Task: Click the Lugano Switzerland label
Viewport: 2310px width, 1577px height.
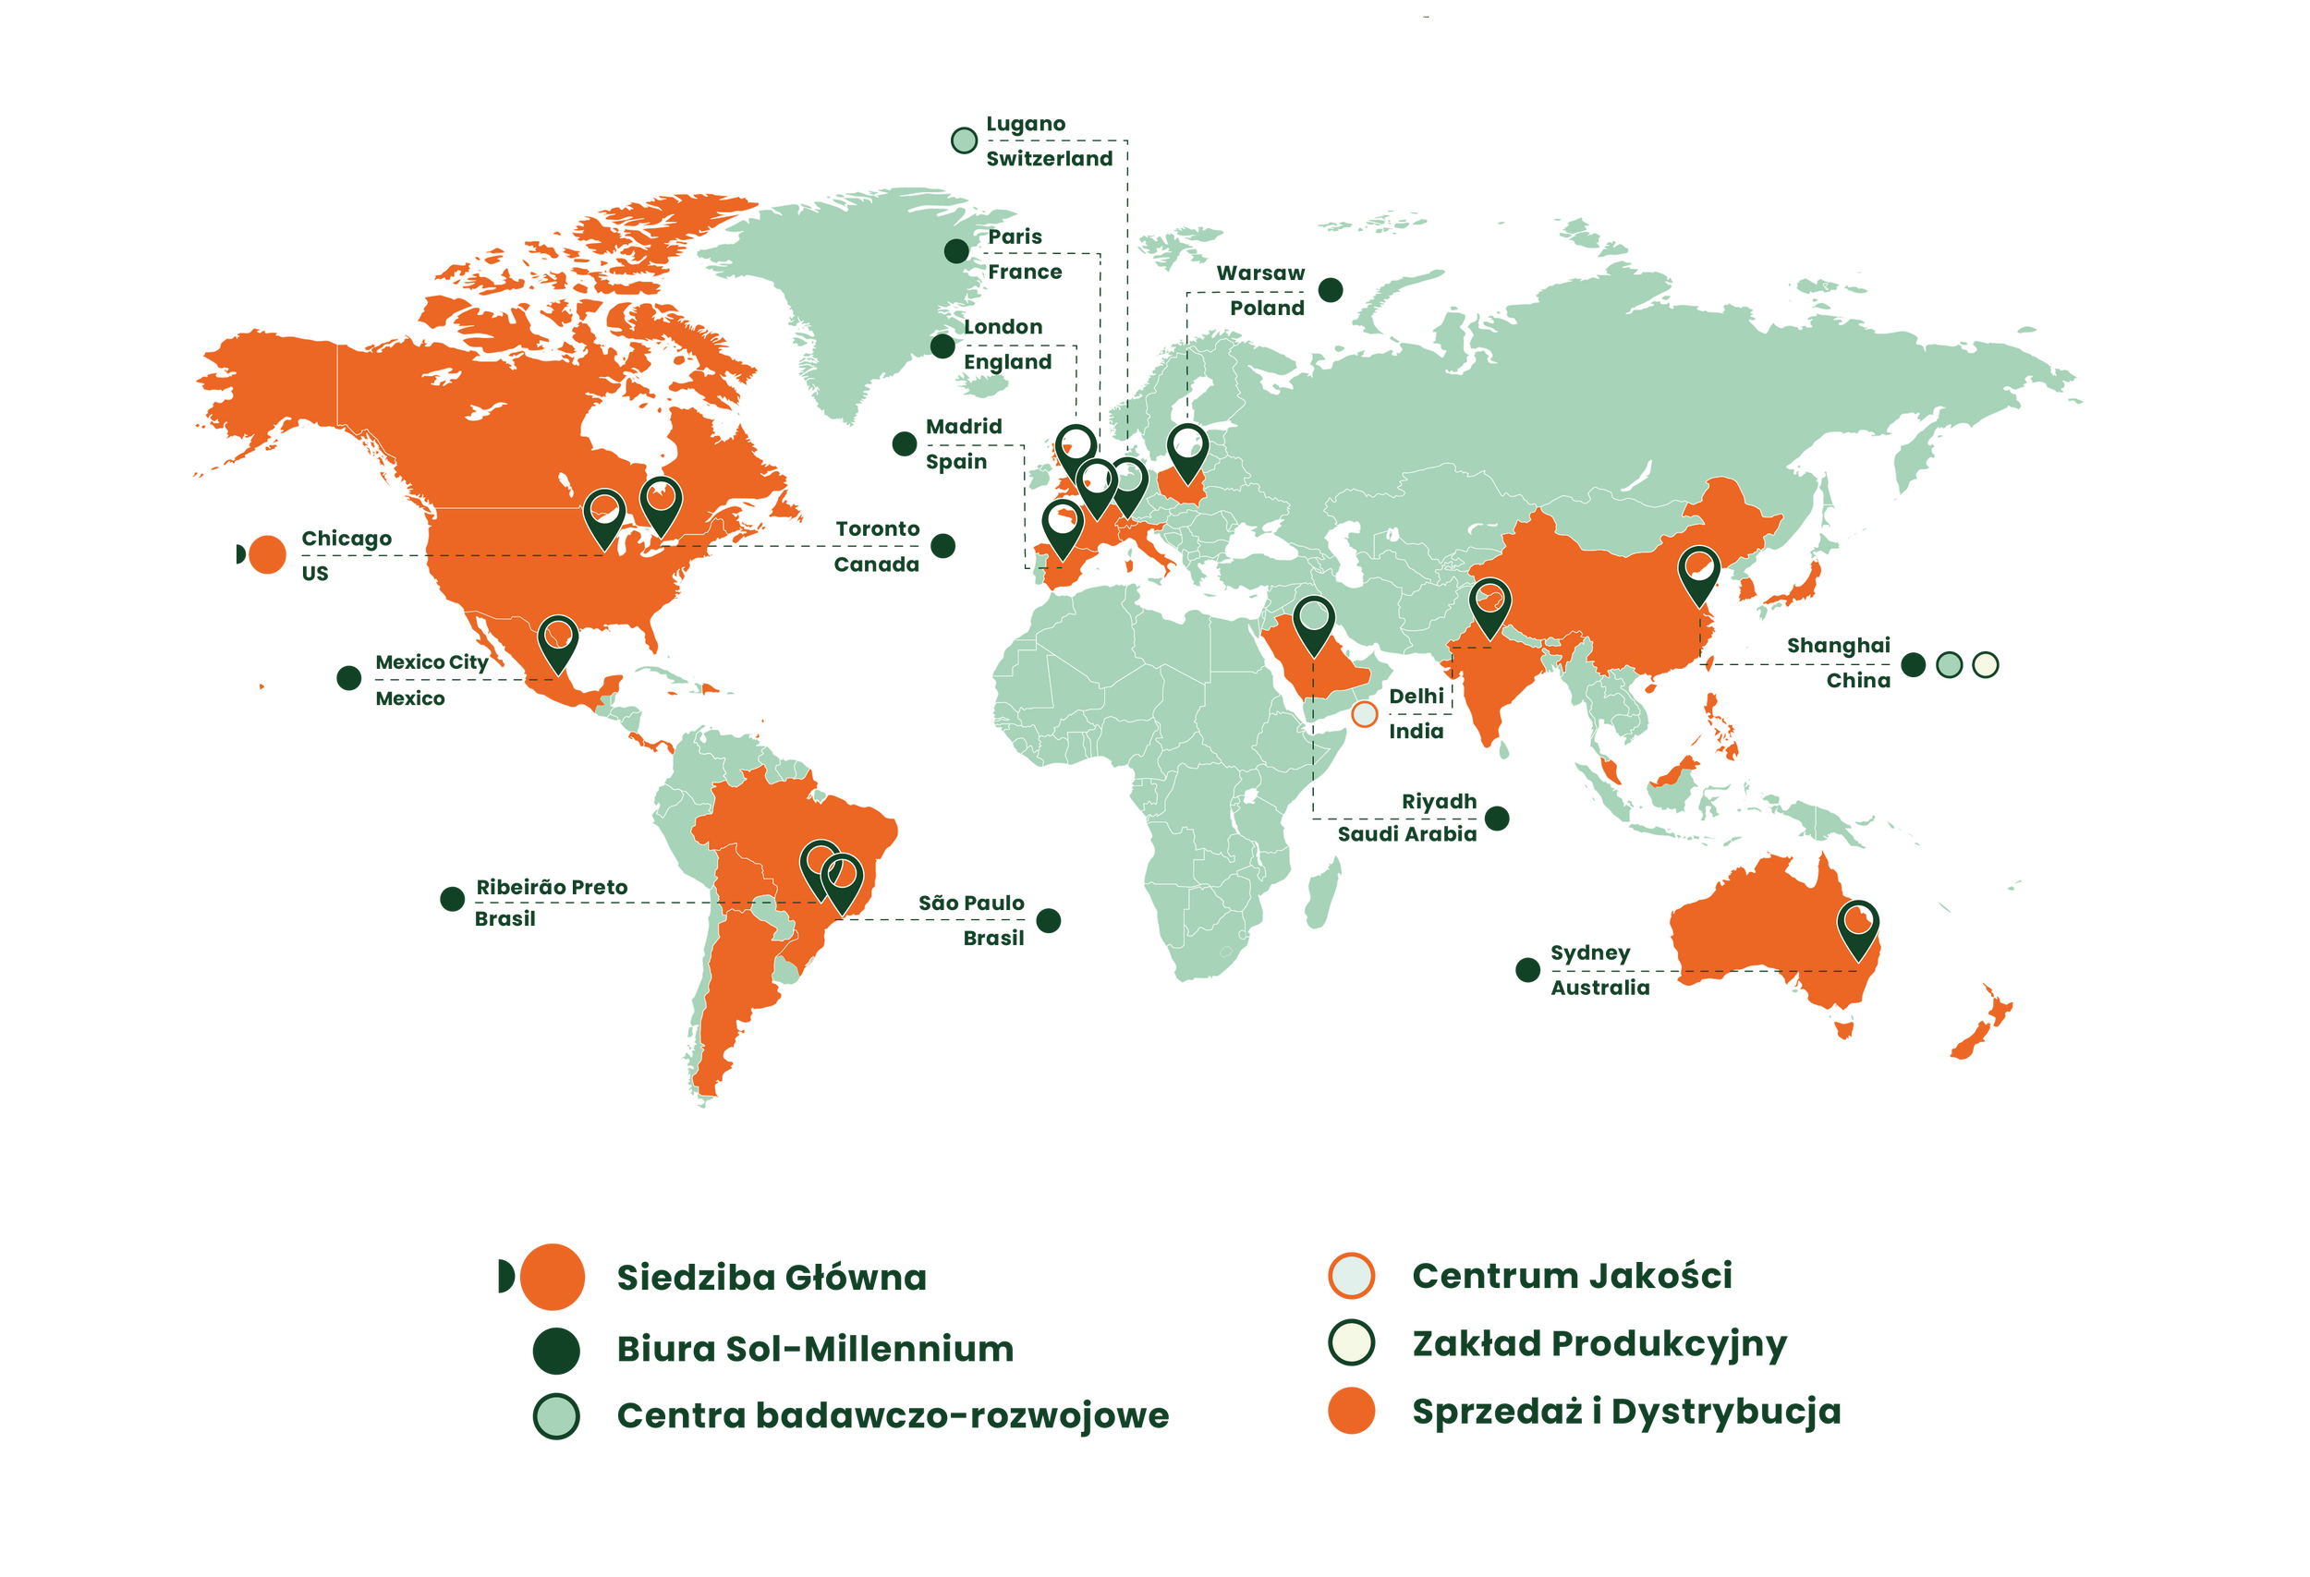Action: [x=1048, y=141]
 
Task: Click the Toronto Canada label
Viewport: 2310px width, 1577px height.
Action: [x=877, y=547]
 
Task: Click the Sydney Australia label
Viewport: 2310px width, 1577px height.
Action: [x=1598, y=970]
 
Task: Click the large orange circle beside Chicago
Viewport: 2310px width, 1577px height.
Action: [x=266, y=553]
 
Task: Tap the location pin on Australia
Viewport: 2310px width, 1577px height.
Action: [x=1858, y=926]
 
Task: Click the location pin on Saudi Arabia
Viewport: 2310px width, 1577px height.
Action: [x=1313, y=624]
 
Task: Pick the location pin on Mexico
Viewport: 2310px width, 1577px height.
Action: [x=557, y=641]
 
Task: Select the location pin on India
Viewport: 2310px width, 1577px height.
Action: [x=1489, y=605]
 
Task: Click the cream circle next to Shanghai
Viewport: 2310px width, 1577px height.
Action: [x=1985, y=665]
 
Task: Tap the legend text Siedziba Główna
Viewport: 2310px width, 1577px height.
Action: [x=771, y=1277]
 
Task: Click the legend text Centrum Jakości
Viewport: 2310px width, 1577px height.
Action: [x=1571, y=1275]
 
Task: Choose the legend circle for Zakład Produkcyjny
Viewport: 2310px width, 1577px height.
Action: [x=1351, y=1342]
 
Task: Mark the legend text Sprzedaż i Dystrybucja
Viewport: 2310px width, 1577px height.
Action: [x=1625, y=1411]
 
